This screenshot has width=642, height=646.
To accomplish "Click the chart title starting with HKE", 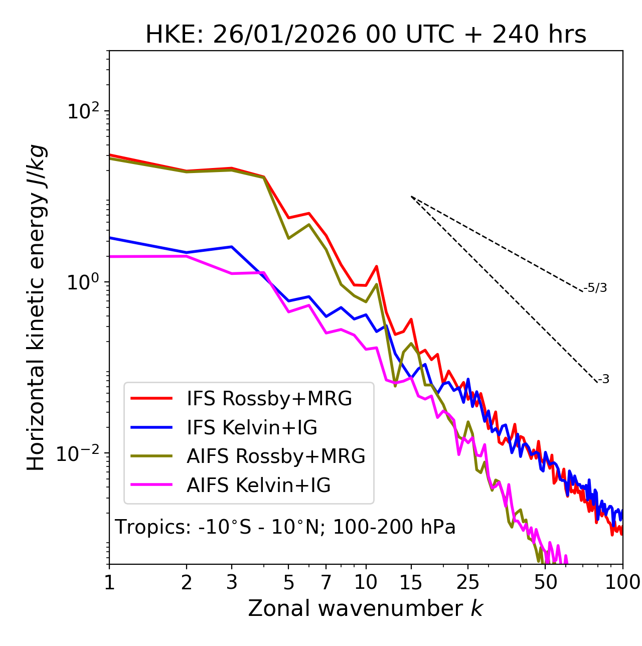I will (x=366, y=35).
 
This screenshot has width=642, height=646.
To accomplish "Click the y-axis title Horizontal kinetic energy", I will (x=36, y=307).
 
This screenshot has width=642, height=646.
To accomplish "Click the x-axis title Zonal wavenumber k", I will (x=366, y=608).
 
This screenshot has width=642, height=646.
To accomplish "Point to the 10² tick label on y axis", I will (x=83, y=111).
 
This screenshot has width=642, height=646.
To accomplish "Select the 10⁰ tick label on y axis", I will (x=83, y=282).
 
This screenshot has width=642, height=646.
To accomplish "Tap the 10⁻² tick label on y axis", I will (x=80, y=453).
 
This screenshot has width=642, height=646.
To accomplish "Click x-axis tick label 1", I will (x=109, y=582).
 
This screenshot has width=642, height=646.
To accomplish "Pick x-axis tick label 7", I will (x=326, y=582).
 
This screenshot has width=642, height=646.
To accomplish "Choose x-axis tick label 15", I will (x=411, y=582).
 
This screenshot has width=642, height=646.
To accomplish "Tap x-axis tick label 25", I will (x=468, y=582).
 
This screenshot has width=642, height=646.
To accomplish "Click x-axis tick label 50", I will (x=546, y=582).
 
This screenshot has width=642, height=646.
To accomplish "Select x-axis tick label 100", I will (x=622, y=582).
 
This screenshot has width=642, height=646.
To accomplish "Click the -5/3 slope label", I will (x=596, y=288).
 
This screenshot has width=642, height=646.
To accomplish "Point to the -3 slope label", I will (x=604, y=380).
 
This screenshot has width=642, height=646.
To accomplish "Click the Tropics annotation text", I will (x=285, y=527).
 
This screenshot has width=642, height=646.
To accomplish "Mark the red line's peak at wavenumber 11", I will (x=376, y=266).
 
